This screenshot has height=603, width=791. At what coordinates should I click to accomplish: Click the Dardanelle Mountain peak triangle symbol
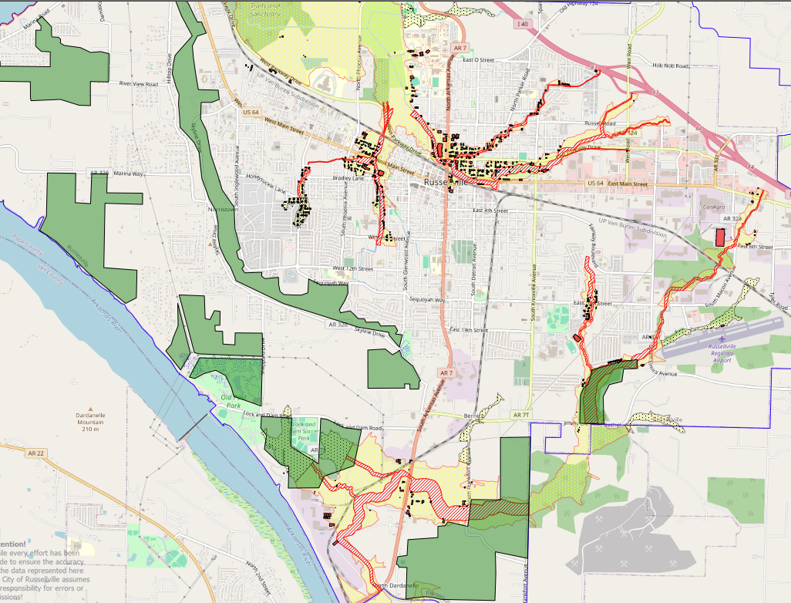click(x=90, y=409)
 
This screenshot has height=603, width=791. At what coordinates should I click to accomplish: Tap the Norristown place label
click(x=222, y=209)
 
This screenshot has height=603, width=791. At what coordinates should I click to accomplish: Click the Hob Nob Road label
click(x=668, y=66)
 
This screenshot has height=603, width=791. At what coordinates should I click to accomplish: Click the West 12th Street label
click(x=352, y=268)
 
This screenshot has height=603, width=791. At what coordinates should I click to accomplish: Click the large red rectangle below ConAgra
click(x=720, y=237)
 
